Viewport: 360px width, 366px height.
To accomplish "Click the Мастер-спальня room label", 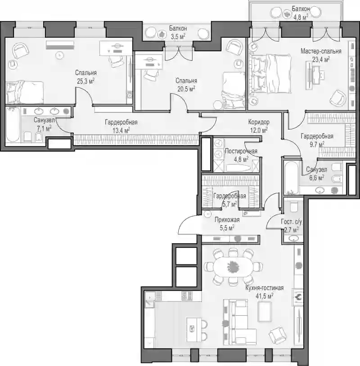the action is point(321,51).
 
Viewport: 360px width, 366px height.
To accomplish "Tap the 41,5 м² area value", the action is point(265,296).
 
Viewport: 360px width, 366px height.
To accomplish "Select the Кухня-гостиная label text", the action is point(265,288).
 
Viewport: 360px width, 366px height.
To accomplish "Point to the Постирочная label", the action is point(241,151).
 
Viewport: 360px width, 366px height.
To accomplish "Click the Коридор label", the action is point(259,122).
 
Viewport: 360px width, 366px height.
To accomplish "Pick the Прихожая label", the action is point(227,220).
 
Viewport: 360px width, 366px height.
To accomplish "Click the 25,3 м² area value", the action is point(85,81).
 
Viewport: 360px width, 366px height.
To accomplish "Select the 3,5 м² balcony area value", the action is point(178,37).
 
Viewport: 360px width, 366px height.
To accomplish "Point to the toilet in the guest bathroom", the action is point(293,206).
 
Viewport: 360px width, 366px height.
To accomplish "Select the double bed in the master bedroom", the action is point(270,74).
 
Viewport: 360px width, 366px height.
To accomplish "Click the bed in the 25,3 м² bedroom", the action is point(25,92).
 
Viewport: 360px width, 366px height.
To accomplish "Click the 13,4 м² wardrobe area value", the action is point(121,130).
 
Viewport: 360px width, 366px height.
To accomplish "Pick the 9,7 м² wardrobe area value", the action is point(317,144).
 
